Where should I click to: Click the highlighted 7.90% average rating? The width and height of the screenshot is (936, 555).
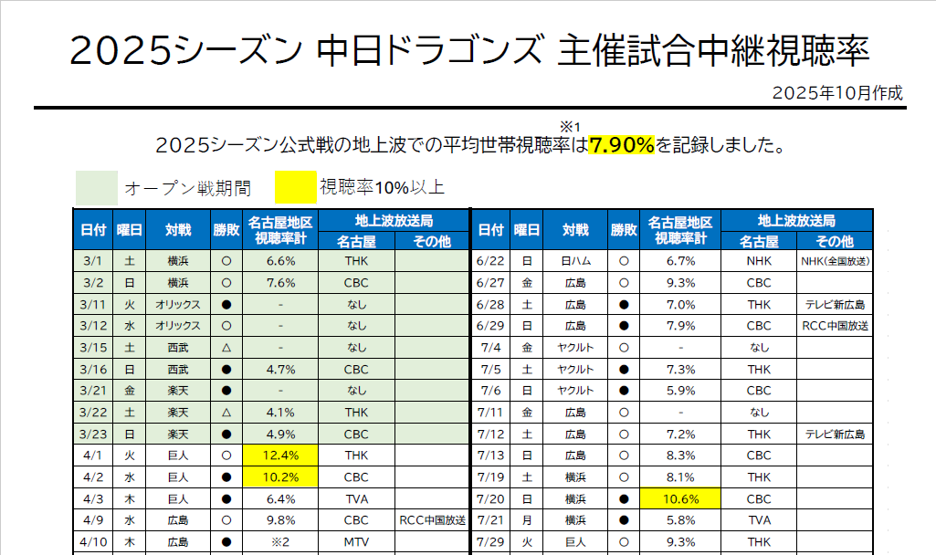tap(622, 144)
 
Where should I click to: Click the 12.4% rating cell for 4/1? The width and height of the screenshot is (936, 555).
tap(281, 455)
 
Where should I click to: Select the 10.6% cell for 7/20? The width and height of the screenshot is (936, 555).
tap(679, 498)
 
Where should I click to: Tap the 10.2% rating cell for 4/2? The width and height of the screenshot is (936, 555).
tap(281, 476)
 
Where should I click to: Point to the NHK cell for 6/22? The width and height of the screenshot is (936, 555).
tap(759, 261)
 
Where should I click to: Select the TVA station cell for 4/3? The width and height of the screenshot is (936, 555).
tap(356, 498)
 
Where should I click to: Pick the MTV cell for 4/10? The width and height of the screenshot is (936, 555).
tap(356, 541)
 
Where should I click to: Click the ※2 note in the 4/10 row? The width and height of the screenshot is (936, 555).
tap(281, 541)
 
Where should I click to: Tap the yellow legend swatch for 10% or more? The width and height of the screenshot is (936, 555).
tap(294, 188)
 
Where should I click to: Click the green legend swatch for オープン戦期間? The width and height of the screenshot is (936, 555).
tap(96, 188)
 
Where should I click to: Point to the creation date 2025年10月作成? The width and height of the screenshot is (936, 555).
tap(836, 93)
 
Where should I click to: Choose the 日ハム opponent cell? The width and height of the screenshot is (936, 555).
tap(576, 261)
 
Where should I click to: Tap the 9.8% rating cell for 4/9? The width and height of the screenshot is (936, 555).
tap(281, 520)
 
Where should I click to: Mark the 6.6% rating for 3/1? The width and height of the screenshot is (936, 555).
tap(281, 261)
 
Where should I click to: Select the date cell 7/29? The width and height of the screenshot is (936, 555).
tap(490, 541)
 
